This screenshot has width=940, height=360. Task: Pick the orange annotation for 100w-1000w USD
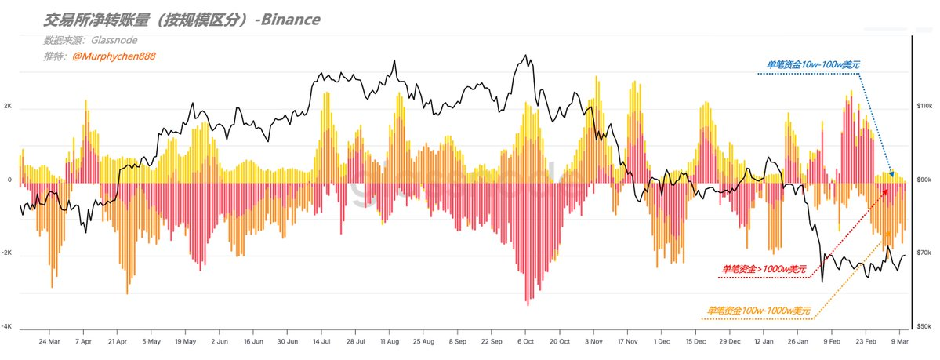pyautogui.click(x=758, y=311)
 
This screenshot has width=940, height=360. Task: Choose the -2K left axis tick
pyautogui.click(x=7, y=253)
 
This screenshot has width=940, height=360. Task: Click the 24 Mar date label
pyautogui.click(x=49, y=342)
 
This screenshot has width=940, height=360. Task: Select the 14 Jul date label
pyautogui.click(x=322, y=342)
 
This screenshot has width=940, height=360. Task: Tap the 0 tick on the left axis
pyautogui.click(x=9, y=180)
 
